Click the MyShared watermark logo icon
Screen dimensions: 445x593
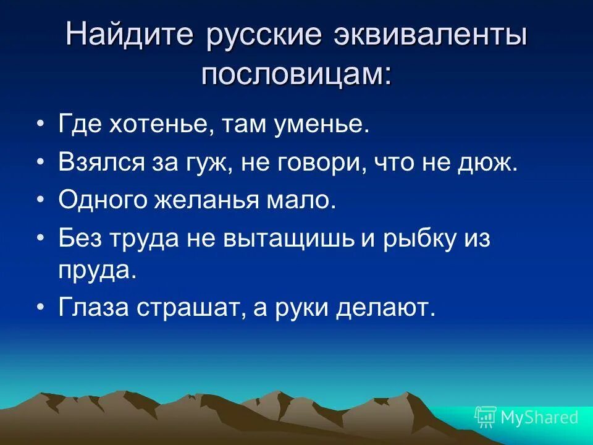(486, 417)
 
